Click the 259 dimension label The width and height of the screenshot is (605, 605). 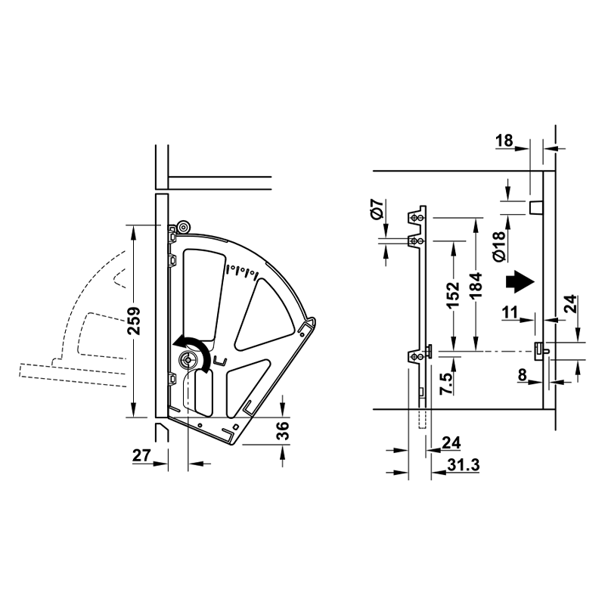135,321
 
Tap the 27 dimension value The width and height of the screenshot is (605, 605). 141,456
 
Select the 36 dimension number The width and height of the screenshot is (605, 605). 283,431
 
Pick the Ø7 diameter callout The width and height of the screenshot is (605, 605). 377,209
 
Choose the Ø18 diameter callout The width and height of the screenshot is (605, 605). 499,247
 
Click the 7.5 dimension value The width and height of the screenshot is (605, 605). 446,383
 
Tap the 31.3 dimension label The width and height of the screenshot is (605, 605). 464,465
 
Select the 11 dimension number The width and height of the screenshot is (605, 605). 510,312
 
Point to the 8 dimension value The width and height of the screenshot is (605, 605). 522,374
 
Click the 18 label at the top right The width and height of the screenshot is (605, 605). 504,141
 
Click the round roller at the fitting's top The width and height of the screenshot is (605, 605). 183,228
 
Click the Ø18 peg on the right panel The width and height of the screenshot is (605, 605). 535,208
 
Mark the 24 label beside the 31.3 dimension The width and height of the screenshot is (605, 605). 451,443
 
